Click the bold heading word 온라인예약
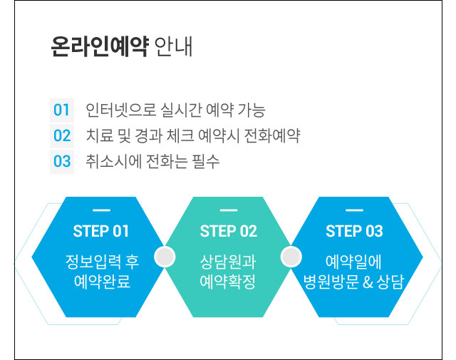(x=100, y=46)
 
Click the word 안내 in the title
(x=173, y=46)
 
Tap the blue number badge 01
(x=61, y=110)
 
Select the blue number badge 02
(x=62, y=135)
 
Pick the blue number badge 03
(x=62, y=161)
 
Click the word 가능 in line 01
(x=252, y=110)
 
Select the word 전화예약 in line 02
(x=272, y=135)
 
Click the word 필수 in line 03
(x=206, y=161)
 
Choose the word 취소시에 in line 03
(x=113, y=161)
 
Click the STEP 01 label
(x=100, y=231)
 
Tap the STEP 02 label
(x=229, y=231)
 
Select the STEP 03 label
(x=354, y=231)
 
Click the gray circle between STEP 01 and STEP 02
(x=165, y=257)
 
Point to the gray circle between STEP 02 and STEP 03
(x=291, y=257)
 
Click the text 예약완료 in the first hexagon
(x=102, y=282)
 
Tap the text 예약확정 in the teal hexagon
(x=228, y=282)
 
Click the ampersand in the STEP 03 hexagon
(x=368, y=282)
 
